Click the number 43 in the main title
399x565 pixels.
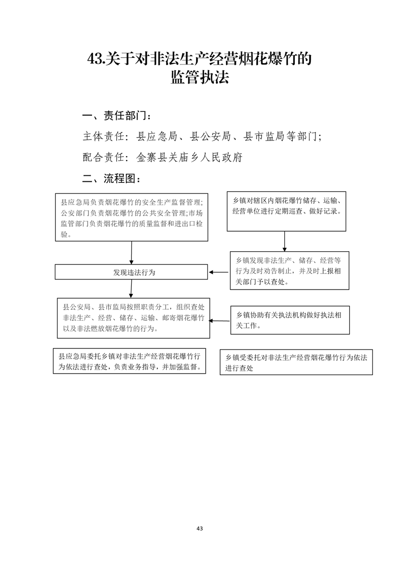coord(95,59)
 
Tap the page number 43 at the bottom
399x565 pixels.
coord(200,528)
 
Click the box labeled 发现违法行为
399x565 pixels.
coord(131,272)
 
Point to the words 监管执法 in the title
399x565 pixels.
coord(200,77)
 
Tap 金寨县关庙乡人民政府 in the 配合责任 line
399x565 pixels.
coord(189,157)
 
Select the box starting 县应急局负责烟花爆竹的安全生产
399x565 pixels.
coord(131,217)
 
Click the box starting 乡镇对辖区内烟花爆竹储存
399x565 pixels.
coord(286,211)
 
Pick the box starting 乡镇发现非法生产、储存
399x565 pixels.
coord(289,270)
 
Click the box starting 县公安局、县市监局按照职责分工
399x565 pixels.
coord(133,318)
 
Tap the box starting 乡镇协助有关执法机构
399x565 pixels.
coord(290,320)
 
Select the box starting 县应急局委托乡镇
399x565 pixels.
coord(129,361)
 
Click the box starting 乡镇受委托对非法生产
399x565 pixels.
coord(296,362)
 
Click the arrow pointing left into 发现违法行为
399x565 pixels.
coord(218,272)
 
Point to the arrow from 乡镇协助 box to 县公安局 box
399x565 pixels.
coord(220,321)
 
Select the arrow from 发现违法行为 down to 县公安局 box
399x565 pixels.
coord(131,289)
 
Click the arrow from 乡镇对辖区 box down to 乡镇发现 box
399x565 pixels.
coord(284,241)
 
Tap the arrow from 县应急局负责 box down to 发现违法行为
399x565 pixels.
coord(131,253)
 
